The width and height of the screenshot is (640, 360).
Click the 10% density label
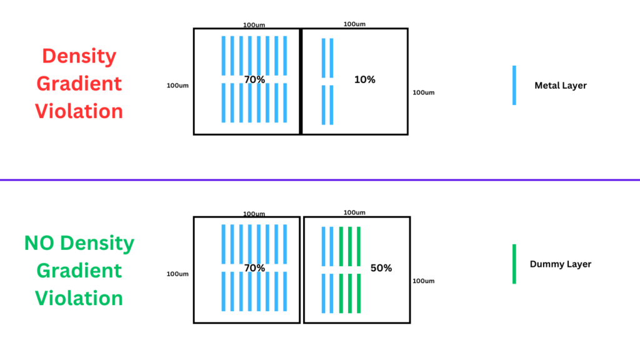(x=364, y=80)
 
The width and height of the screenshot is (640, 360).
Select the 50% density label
(x=381, y=268)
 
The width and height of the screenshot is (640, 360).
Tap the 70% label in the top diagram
(x=254, y=79)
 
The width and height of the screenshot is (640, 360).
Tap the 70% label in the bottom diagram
(x=254, y=267)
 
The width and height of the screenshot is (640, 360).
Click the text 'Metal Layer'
(x=561, y=86)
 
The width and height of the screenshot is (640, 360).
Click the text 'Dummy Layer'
(x=561, y=264)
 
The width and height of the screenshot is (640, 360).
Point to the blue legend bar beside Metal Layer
(x=514, y=85)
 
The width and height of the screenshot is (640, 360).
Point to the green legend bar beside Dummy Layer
(x=514, y=264)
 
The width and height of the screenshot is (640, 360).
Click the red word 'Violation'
(x=79, y=111)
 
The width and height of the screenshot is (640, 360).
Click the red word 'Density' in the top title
(x=79, y=56)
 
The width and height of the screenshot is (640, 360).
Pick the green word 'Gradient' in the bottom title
(x=79, y=271)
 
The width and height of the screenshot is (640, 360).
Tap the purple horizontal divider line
(x=320, y=180)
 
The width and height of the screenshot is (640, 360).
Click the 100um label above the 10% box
(x=354, y=24)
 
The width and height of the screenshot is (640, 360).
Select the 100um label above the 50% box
(x=354, y=212)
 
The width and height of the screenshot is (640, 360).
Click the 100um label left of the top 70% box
(x=177, y=86)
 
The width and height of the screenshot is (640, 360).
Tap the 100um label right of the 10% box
(x=424, y=92)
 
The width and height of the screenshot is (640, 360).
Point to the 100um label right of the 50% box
(x=424, y=281)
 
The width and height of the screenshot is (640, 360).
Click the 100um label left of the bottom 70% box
(x=177, y=274)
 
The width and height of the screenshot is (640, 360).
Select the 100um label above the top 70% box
(x=254, y=25)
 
